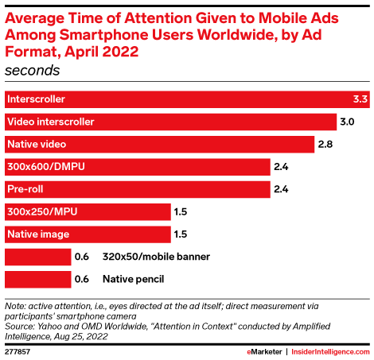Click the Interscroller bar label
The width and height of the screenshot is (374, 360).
pyautogui.click(x=36, y=99)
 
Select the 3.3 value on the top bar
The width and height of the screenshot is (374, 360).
pyautogui.click(x=360, y=99)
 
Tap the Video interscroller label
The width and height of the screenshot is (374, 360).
pyautogui.click(x=51, y=122)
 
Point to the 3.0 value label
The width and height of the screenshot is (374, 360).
pyautogui.click(x=347, y=122)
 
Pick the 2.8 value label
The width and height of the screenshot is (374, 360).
pyautogui.click(x=325, y=144)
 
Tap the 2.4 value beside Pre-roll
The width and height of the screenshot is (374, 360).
pyautogui.click(x=280, y=189)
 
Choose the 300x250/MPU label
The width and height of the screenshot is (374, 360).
pyautogui.click(x=42, y=211)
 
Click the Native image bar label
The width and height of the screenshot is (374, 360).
pyautogui.click(x=38, y=234)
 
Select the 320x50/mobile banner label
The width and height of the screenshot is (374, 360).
pyautogui.click(x=156, y=257)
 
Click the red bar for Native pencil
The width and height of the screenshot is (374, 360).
pyautogui.click(x=37, y=279)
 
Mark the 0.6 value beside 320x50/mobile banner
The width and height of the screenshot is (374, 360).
pyautogui.click(x=82, y=257)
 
